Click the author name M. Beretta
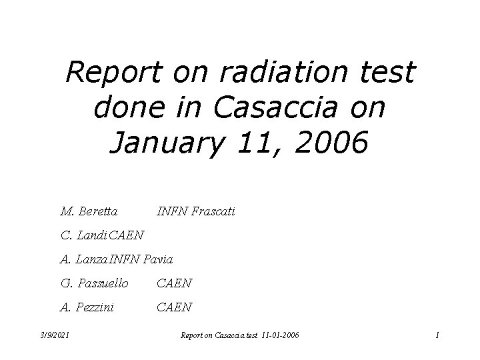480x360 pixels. (x=89, y=212)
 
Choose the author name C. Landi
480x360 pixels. (x=83, y=235)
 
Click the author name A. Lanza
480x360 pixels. (x=83, y=259)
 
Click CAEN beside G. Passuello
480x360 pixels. (x=174, y=283)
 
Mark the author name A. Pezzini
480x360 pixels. (x=87, y=307)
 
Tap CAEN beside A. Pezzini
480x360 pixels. (x=174, y=307)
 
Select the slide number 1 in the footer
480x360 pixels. (x=437, y=335)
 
